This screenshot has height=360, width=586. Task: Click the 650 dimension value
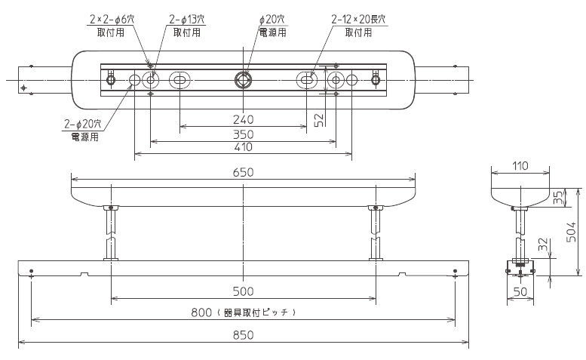[x=243, y=172]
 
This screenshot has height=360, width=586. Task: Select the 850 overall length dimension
[x=243, y=335]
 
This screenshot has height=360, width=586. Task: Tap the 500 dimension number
[x=243, y=291]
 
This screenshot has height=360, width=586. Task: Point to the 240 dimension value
[x=243, y=120]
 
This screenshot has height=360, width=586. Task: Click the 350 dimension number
[x=243, y=134]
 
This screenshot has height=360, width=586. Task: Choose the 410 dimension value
[x=243, y=147]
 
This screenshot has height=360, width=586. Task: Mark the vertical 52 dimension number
[x=319, y=120]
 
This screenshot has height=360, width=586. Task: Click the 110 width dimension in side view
[x=520, y=166]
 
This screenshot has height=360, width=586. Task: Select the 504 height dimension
[x=572, y=232]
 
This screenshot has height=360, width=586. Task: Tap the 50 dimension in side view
[x=520, y=291]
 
